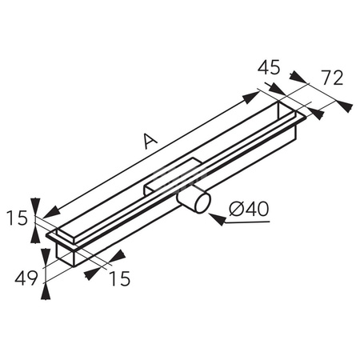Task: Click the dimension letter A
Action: coord(149,142)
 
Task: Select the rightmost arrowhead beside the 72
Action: coord(344,104)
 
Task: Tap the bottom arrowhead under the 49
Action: coord(46,292)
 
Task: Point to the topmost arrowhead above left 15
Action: coord(35,204)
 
